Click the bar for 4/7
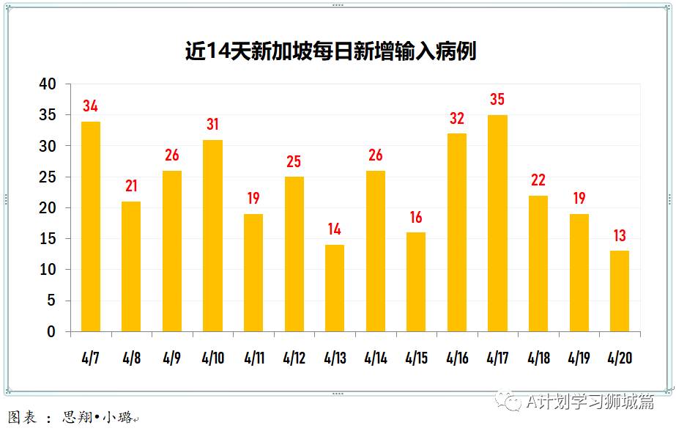(x=91, y=226)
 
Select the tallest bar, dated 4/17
(x=497, y=224)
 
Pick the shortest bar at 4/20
(x=619, y=291)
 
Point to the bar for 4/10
(x=212, y=235)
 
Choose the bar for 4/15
(x=416, y=282)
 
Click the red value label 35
(x=497, y=100)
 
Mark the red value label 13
(x=619, y=236)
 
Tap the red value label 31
(x=212, y=125)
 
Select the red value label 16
(x=416, y=218)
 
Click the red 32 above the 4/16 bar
(x=456, y=119)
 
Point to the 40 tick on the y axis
(x=47, y=84)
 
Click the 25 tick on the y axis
(x=47, y=177)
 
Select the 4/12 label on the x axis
(x=294, y=358)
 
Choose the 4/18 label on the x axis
(x=538, y=358)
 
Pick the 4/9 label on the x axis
(x=172, y=358)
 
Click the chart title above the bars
(x=330, y=51)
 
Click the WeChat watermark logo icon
(x=508, y=400)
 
